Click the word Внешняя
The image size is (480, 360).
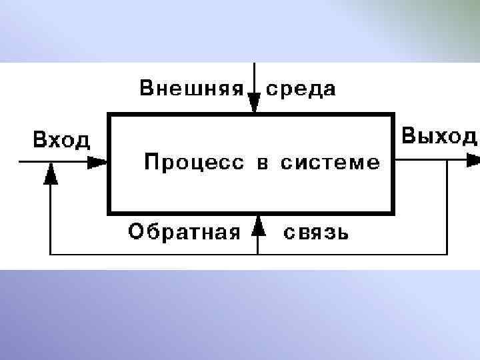click(190, 89)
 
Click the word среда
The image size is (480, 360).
click(301, 89)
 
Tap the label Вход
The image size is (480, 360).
click(61, 141)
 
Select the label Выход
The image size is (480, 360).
click(439, 137)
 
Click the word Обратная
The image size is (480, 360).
click(184, 233)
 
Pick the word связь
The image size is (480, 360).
click(315, 233)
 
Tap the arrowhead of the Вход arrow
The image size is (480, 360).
click(99, 161)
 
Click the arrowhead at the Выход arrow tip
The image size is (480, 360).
click(473, 160)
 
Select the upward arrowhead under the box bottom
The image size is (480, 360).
click(258, 227)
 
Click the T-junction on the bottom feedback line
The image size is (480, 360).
click(258, 254)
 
